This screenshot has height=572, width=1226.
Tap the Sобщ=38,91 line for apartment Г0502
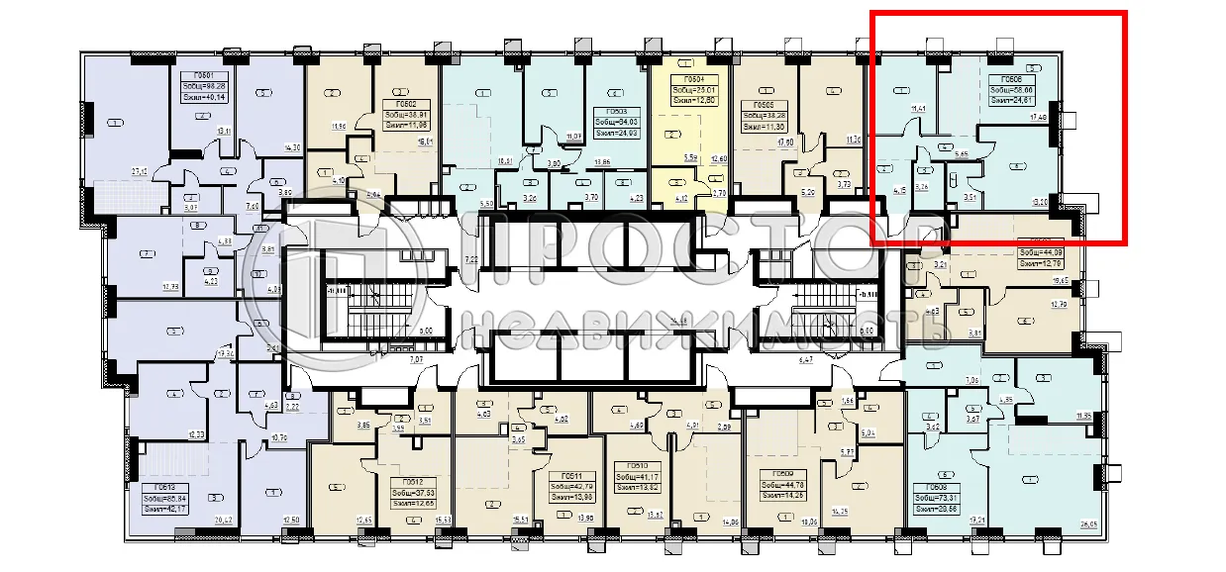coord(406,115)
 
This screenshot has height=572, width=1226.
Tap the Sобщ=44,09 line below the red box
coord(1039,252)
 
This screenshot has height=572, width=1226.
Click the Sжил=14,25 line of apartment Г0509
coord(781,495)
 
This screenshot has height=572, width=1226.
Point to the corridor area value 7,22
coord(470,259)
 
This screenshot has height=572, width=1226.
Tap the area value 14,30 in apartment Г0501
coord(292,147)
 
